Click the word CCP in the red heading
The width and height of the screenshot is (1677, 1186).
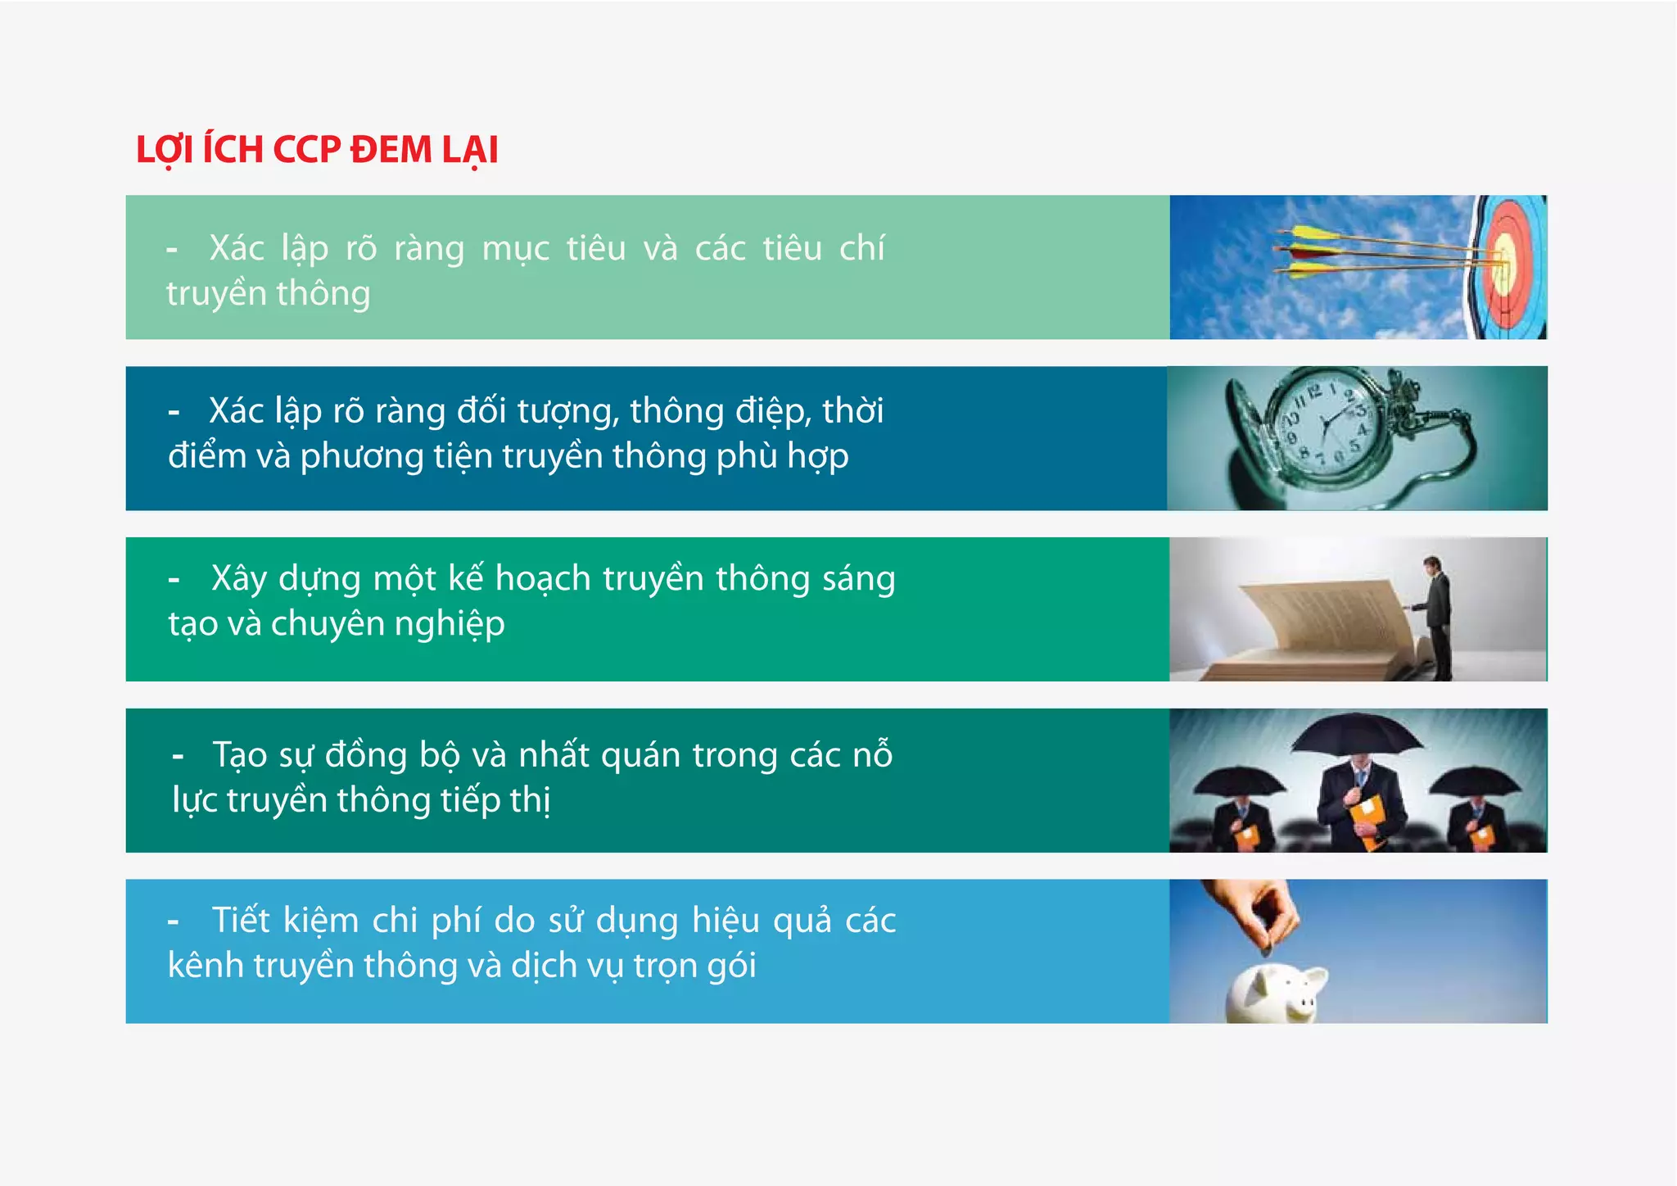tap(306, 150)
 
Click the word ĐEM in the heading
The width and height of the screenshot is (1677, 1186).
tap(391, 150)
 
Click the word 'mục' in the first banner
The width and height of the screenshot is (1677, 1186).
tap(515, 248)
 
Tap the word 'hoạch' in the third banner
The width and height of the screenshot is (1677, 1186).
tap(543, 579)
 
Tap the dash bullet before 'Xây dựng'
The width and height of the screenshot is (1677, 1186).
tap(174, 580)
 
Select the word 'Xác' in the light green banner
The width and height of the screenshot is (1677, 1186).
tap(236, 248)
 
